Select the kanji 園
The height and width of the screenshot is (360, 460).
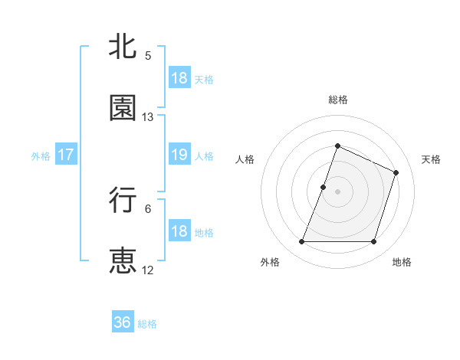(123, 108)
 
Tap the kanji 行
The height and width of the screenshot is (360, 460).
(123, 200)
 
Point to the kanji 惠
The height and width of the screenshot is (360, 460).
(123, 260)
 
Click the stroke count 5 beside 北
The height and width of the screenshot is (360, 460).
(148, 56)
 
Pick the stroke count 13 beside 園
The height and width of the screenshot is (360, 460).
(148, 117)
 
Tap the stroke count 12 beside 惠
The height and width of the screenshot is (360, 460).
(148, 270)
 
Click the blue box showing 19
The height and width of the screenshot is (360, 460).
(179, 155)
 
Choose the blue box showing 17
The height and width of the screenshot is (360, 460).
(66, 155)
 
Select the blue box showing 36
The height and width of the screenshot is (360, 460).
(123, 322)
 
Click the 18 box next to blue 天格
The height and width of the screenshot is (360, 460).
(179, 78)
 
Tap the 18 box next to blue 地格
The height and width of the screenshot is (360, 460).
(179, 231)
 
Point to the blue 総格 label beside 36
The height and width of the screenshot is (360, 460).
(147, 324)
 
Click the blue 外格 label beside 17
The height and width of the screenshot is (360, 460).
(41, 155)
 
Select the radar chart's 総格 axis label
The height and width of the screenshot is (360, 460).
(337, 100)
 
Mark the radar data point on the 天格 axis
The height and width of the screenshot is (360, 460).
(396, 172)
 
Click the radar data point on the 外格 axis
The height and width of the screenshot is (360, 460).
(301, 242)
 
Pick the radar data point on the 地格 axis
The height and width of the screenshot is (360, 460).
(373, 242)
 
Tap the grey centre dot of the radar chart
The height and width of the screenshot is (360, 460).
(337, 191)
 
